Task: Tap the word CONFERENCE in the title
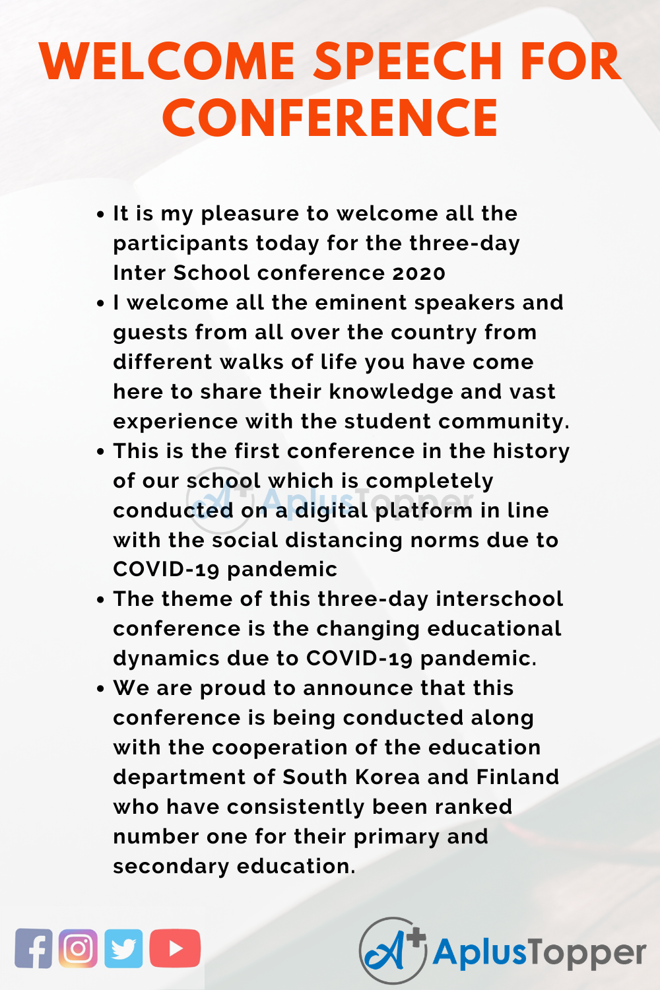click(x=330, y=117)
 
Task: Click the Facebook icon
click(x=34, y=948)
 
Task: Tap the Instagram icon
click(x=78, y=948)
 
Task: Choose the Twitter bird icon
click(x=123, y=948)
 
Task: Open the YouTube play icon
click(x=175, y=948)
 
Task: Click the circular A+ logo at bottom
click(x=393, y=950)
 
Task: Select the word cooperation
click(x=280, y=747)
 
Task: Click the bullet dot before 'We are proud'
click(x=100, y=688)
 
